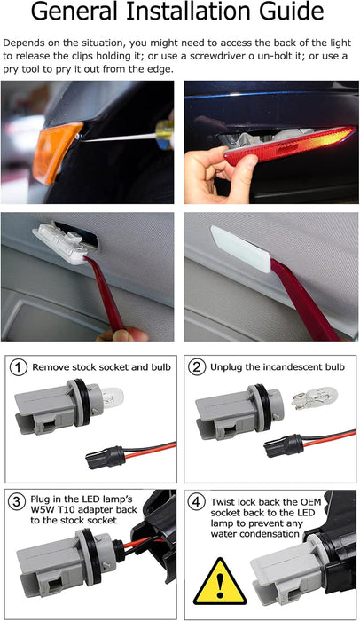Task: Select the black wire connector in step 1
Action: click(100, 458)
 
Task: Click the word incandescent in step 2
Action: click(275, 366)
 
